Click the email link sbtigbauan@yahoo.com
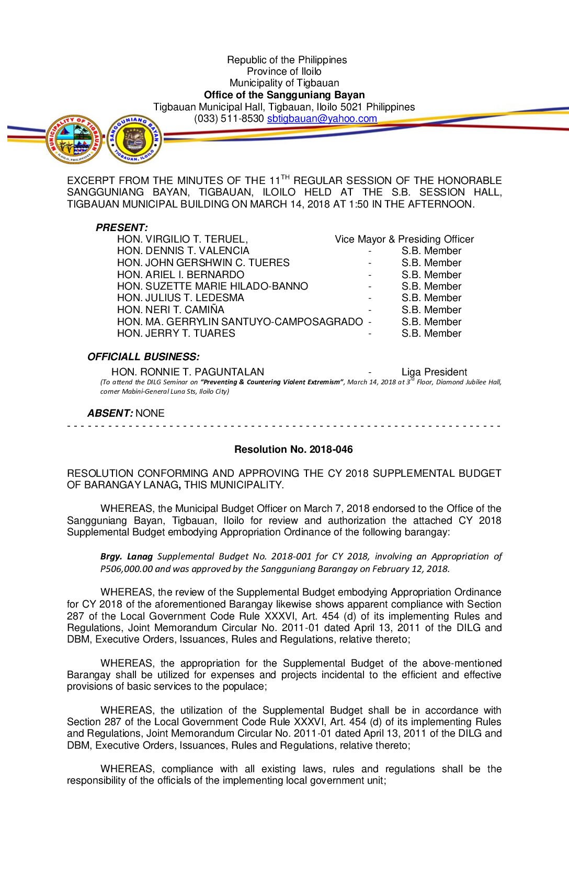pos(322,119)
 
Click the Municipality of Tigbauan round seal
pos(74,140)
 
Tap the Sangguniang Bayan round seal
pos(134,140)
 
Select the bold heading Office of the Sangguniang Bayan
pos(284,95)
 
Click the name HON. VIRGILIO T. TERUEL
pos(182,239)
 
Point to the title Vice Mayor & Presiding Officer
pos(404,239)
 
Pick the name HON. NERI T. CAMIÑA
pos(170,310)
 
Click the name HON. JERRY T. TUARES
pos(176,334)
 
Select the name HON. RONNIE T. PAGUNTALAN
pos(187,372)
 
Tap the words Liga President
pos(434,372)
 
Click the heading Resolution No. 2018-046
pos(293,450)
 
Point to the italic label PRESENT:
pos(121,228)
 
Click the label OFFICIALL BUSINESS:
pos(143,357)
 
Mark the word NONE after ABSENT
pos(150,414)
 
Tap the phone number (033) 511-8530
pos(229,119)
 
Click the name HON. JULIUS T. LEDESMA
pos(180,298)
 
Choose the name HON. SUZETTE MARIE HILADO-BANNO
pos(212,287)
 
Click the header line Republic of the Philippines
pos(287,60)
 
